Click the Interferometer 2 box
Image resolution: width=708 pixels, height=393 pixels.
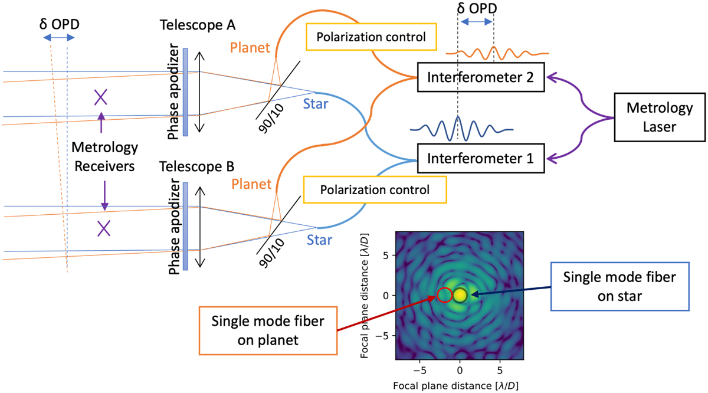tap(481, 77)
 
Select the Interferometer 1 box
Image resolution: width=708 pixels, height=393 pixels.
tap(481, 158)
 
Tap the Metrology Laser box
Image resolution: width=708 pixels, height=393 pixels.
tap(660, 117)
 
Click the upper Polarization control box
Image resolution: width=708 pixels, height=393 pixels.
tap(371, 37)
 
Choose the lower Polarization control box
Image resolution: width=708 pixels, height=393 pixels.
tap(375, 189)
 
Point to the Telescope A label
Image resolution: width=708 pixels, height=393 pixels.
tap(198, 25)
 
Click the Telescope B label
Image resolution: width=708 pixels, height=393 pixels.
tap(196, 166)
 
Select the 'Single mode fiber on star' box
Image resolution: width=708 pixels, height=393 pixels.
tap(620, 286)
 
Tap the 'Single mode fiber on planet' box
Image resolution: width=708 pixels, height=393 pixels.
tap(268, 330)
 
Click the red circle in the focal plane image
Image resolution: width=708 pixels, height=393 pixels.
tap(444, 295)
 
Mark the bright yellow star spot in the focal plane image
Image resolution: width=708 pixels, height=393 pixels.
tap(460, 295)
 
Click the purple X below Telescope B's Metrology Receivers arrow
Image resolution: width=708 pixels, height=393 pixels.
tap(104, 228)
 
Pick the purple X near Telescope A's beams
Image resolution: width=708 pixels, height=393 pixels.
tap(101, 97)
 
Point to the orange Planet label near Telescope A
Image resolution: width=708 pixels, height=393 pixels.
tap(250, 48)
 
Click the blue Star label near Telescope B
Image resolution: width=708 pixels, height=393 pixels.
tap(320, 240)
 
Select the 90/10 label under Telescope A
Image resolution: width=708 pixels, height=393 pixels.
tap(271, 119)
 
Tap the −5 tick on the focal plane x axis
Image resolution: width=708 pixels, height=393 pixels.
tap(419, 370)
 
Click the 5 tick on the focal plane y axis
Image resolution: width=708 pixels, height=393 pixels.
tap(386, 255)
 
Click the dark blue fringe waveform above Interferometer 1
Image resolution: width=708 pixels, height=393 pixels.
tap(461, 129)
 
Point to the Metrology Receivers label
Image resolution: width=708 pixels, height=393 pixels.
tap(104, 157)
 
